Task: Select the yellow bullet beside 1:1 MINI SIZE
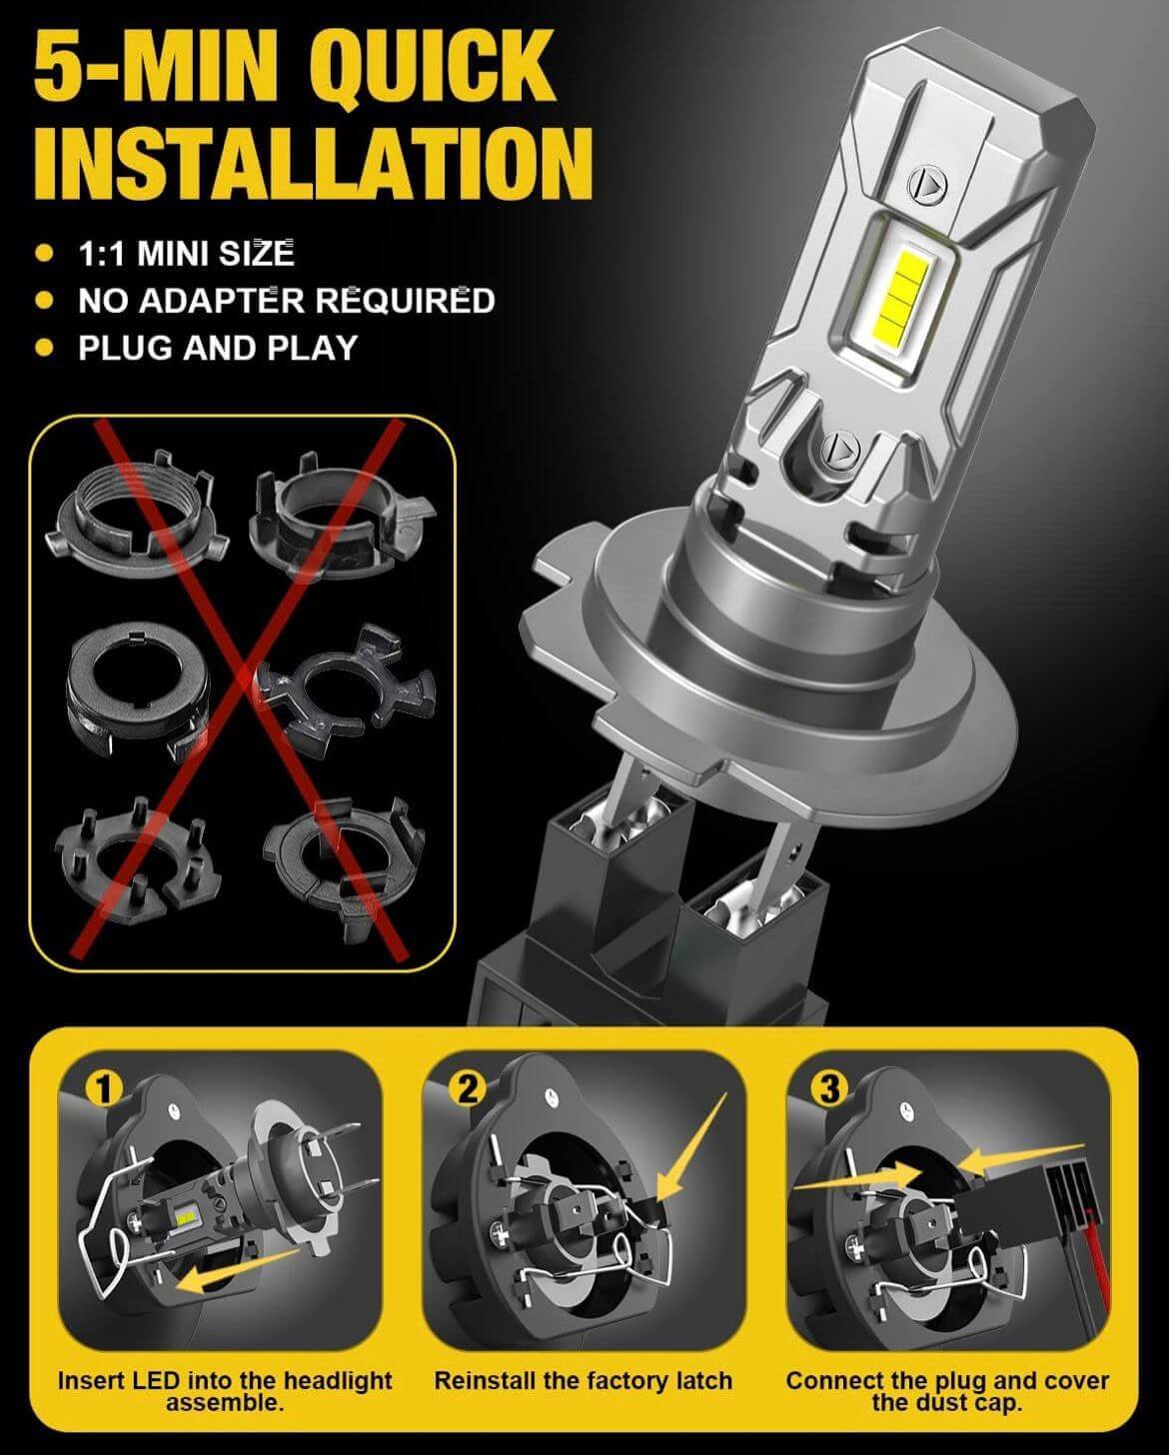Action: [45, 254]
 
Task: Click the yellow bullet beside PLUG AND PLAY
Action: [45, 348]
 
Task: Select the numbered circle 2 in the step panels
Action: [468, 1089]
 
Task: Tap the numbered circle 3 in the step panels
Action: [830, 1089]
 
